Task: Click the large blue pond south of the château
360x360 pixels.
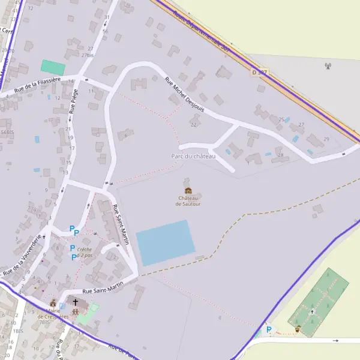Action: (166, 243)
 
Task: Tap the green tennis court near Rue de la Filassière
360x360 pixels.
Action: (53, 67)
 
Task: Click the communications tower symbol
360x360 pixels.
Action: (328, 66)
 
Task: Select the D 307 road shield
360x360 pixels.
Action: (259, 72)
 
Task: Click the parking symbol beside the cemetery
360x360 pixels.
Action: (269, 329)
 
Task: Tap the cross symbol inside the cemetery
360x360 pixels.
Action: (311, 311)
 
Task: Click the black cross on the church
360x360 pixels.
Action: (76, 302)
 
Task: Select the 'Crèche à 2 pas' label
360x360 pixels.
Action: (85, 252)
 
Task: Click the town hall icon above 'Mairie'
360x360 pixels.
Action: (53, 304)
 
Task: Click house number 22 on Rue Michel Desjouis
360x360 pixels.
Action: (193, 125)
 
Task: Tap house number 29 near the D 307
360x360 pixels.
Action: (326, 139)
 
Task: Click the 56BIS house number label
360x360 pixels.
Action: (7, 132)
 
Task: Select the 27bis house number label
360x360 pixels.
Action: (89, 55)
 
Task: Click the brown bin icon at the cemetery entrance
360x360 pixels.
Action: (298, 328)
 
